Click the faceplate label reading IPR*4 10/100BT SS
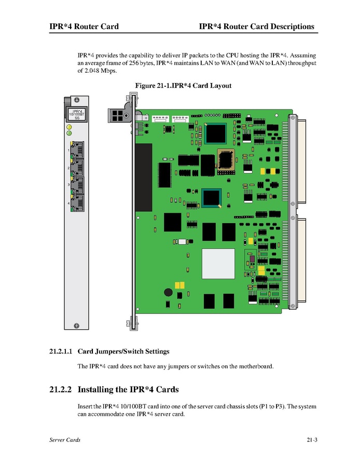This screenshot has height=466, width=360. [x=77, y=114]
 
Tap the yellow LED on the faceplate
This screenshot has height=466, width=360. [x=68, y=126]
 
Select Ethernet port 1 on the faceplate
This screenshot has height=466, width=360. [x=77, y=150]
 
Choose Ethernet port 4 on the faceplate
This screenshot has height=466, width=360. [x=77, y=203]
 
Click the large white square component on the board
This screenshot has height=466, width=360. [x=215, y=264]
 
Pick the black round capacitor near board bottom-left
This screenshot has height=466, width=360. [x=168, y=293]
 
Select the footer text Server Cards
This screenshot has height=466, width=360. [x=65, y=440]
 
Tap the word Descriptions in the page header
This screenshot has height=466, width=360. [x=288, y=26]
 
